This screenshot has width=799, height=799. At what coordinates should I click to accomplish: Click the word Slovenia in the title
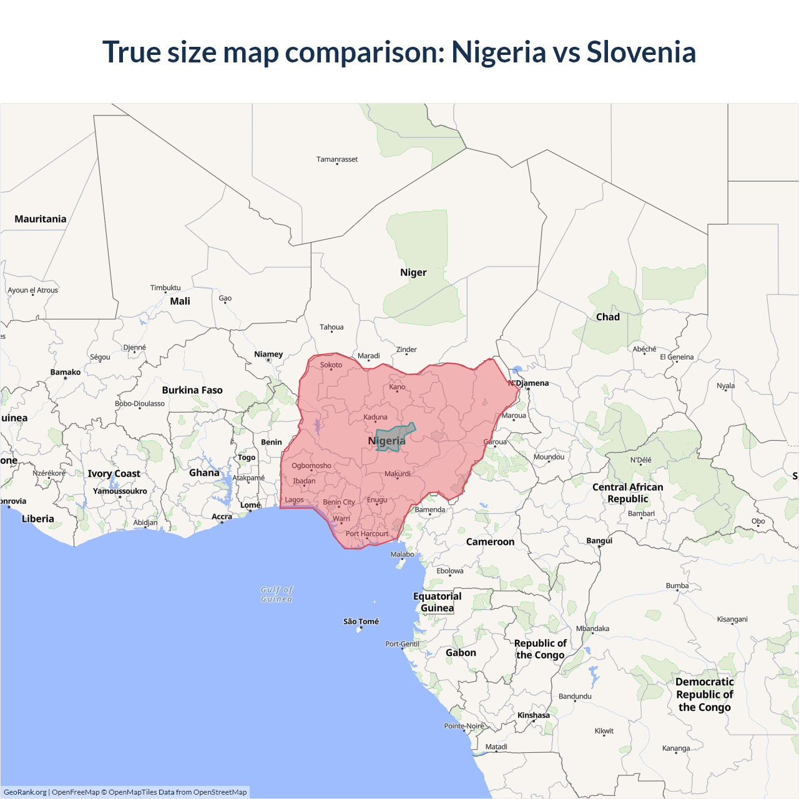(x=640, y=52)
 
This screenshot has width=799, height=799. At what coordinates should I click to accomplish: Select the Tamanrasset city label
(x=337, y=159)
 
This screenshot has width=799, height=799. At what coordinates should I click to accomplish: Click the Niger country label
(x=413, y=272)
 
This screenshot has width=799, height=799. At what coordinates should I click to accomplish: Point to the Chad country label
(x=607, y=316)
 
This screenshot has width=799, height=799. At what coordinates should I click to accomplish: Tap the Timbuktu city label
(x=165, y=288)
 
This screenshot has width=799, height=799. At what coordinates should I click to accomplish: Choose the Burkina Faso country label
(x=192, y=390)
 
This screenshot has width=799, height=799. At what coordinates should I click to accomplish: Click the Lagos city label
(x=294, y=499)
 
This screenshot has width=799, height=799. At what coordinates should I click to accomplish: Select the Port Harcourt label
(x=367, y=534)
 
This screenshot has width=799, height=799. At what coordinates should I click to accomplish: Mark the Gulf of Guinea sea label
(x=277, y=594)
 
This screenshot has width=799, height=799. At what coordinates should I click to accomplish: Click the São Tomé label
(x=361, y=621)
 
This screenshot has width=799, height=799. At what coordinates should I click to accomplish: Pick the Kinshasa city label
(x=534, y=715)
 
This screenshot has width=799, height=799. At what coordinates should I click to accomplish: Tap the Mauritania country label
(x=41, y=219)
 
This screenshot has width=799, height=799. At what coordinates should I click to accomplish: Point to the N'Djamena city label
(x=529, y=383)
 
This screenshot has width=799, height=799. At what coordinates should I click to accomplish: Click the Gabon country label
(x=461, y=652)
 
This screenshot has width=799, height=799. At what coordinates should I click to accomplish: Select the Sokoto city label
(x=331, y=365)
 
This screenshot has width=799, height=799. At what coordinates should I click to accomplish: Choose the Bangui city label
(x=599, y=541)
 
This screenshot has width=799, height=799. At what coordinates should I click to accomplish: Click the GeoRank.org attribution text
(x=25, y=792)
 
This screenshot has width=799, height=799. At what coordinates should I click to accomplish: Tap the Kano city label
(x=397, y=386)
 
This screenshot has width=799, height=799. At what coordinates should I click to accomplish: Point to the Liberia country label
(x=38, y=519)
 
